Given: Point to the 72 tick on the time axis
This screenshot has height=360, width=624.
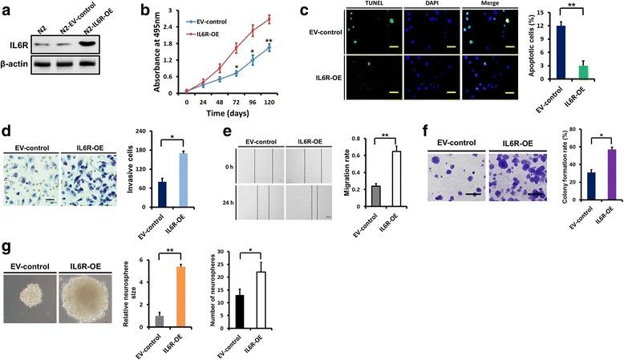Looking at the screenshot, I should tap(237, 103).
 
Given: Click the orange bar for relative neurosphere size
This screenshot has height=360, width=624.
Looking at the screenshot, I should tap(181, 297).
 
